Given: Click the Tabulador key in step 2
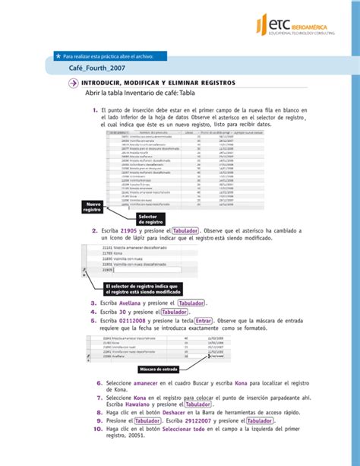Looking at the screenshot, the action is tap(185, 230).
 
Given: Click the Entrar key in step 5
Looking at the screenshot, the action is tap(202, 321).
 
